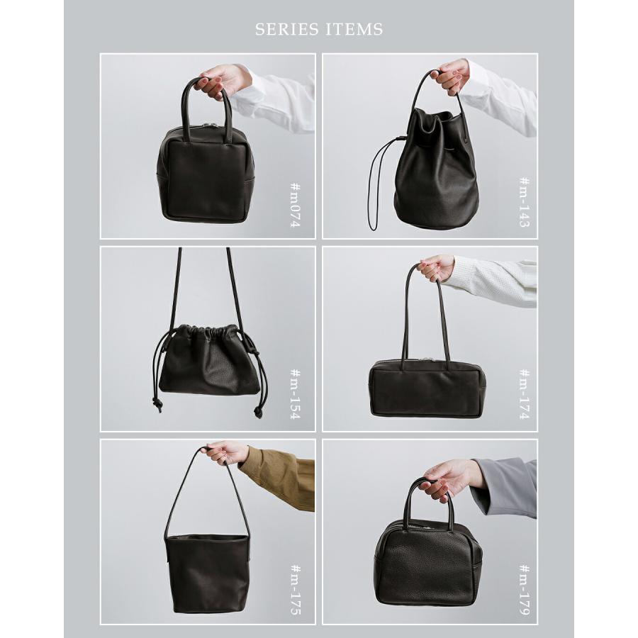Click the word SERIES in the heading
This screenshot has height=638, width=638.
tap(287, 29)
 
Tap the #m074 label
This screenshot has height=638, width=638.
tap(296, 205)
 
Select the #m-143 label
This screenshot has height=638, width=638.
tap(525, 202)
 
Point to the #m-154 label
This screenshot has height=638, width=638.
tap(296, 394)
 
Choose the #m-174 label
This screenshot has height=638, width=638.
tap(525, 394)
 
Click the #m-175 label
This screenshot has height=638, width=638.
tap(296, 589)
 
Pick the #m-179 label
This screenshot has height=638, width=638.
tap(525, 589)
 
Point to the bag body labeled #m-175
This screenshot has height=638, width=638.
tap(207, 573)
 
